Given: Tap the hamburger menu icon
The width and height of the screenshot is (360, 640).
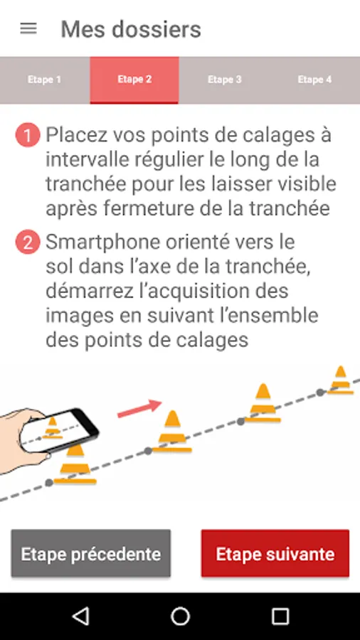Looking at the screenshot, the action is coord(28,29).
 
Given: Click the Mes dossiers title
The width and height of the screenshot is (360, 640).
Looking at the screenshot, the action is coord(131,29).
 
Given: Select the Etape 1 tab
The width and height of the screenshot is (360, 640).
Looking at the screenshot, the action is coord(45,80).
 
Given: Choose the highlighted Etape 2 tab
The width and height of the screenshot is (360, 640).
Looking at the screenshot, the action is coord(134,80).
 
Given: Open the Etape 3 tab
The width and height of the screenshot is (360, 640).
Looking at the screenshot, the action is coord(225,80).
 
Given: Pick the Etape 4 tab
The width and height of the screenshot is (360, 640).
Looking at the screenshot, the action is coord(314,80).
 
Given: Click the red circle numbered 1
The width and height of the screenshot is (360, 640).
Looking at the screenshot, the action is coord(28,135).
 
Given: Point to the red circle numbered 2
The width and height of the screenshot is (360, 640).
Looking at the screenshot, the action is coord(28,242).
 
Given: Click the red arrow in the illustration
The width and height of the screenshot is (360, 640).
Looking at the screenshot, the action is coord(139,409).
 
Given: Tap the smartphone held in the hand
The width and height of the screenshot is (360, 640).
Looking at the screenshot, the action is coord(60,430).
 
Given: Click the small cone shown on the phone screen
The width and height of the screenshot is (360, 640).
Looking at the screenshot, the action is coord(53,427).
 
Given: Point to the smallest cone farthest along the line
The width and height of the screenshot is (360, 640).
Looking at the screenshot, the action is coord(340,380).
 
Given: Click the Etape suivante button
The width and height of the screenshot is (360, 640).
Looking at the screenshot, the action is coord(275,553).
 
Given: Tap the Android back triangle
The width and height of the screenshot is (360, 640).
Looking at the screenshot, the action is coord(80,616).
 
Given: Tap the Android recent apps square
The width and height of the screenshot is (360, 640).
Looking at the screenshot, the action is coord(280,616).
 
